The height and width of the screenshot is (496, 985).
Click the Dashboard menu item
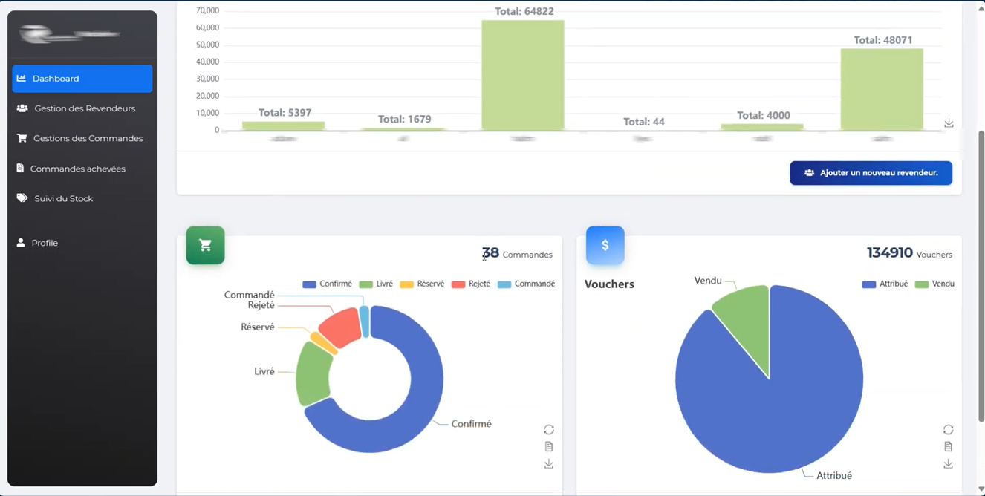point(82,79)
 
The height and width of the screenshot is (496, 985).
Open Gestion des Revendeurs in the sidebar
point(84,108)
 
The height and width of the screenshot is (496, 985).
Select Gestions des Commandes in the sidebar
point(87,139)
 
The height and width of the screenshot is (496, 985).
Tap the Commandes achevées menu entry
point(77,169)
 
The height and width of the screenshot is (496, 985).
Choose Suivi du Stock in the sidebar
point(63,199)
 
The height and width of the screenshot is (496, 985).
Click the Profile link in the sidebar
point(45,243)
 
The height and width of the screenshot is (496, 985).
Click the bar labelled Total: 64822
point(523,74)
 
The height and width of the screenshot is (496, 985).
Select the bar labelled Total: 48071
point(882,89)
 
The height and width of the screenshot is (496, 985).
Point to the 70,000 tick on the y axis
point(207,10)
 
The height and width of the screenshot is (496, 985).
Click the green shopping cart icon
point(206,246)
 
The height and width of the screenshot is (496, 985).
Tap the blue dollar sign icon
point(605,246)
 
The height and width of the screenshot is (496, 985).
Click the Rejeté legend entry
point(471,284)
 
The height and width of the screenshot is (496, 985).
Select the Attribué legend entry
point(885,284)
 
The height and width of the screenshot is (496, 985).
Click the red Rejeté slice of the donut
point(341,327)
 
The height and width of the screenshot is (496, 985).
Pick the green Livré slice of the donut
point(313,373)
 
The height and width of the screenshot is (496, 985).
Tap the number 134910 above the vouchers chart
point(889,253)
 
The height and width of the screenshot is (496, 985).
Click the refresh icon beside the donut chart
point(549,430)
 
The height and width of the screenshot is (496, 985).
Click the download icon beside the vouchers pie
point(949,464)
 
